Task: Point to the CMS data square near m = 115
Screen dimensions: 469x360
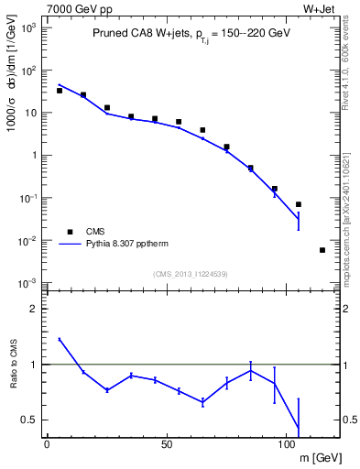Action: [x=322, y=250]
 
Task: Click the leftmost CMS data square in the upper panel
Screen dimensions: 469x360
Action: [x=60, y=91]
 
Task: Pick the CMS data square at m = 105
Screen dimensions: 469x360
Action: [x=299, y=204]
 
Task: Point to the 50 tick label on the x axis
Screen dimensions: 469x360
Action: [x=167, y=444]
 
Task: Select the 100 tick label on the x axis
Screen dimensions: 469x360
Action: [x=287, y=444]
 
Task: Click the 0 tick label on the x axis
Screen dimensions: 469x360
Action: [x=47, y=444]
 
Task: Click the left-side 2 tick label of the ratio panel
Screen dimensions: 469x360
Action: [x=34, y=309]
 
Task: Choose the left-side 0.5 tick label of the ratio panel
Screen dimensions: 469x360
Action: [x=29, y=420]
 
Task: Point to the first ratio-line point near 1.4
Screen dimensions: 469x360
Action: [x=60, y=340]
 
